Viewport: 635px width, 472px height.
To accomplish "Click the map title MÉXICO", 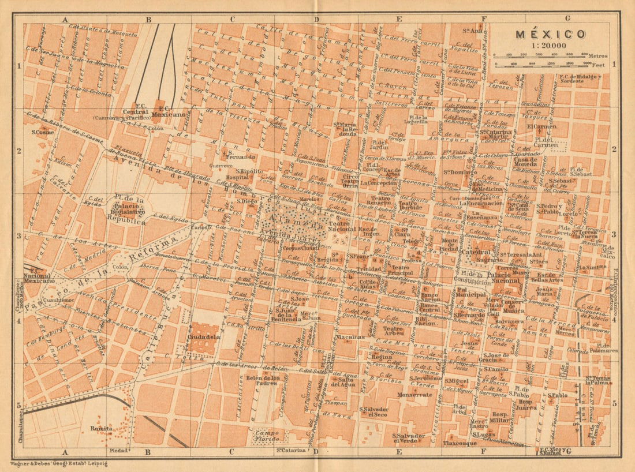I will (550, 34).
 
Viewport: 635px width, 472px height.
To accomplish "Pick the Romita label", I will (102, 428).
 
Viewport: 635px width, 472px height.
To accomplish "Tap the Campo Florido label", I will (267, 436).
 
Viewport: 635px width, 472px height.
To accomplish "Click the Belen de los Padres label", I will (263, 381).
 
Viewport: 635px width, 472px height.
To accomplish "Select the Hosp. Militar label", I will (499, 418).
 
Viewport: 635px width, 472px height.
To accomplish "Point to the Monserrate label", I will (414, 395).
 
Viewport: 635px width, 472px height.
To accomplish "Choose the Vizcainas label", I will (348, 336).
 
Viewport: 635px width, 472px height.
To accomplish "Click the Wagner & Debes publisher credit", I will (59, 463).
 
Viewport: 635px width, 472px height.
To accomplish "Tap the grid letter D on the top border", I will (316, 19).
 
